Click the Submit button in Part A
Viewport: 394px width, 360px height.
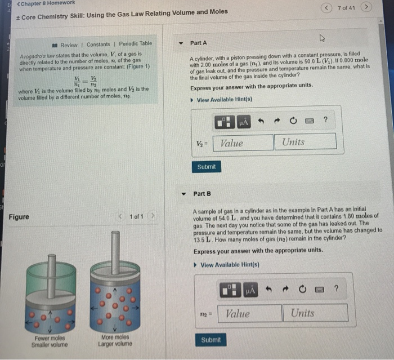pyautogui.click(x=206, y=167)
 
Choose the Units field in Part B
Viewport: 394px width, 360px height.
pyautogui.click(x=318, y=313)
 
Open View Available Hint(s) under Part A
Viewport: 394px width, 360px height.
pyautogui.click(x=224, y=100)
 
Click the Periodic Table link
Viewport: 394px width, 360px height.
pyautogui.click(x=135, y=44)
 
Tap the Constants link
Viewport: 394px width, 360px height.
pyautogui.click(x=98, y=44)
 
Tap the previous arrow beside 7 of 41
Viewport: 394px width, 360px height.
pyautogui.click(x=328, y=7)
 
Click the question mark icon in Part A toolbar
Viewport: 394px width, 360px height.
pyautogui.click(x=325, y=119)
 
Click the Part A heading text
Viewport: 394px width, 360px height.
pyautogui.click(x=199, y=43)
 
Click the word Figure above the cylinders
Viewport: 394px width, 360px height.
pyautogui.click(x=19, y=217)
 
